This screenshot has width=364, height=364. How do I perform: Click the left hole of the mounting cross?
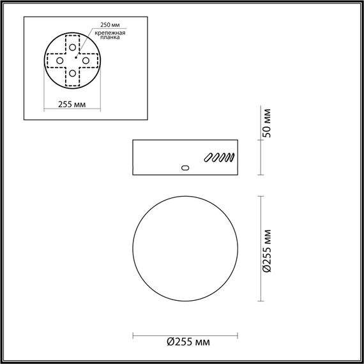click(59, 60)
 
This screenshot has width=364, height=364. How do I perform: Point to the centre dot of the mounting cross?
click(74, 60)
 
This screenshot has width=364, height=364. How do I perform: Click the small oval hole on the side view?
click(186, 168)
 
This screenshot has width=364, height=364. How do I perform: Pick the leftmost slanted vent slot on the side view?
click(208, 158)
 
